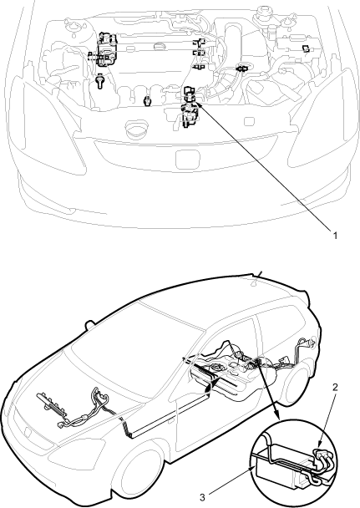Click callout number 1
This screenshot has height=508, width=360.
pos(336,236)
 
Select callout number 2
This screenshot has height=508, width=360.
pos(336,387)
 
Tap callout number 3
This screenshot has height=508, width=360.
pos(202,497)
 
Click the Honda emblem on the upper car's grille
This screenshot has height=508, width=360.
pos(188,159)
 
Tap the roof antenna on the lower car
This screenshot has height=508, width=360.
pos(257,277)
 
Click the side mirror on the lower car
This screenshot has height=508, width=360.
pos(89,324)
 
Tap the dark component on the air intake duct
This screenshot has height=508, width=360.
pos(241,69)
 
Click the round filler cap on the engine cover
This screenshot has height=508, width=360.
pos(160,46)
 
